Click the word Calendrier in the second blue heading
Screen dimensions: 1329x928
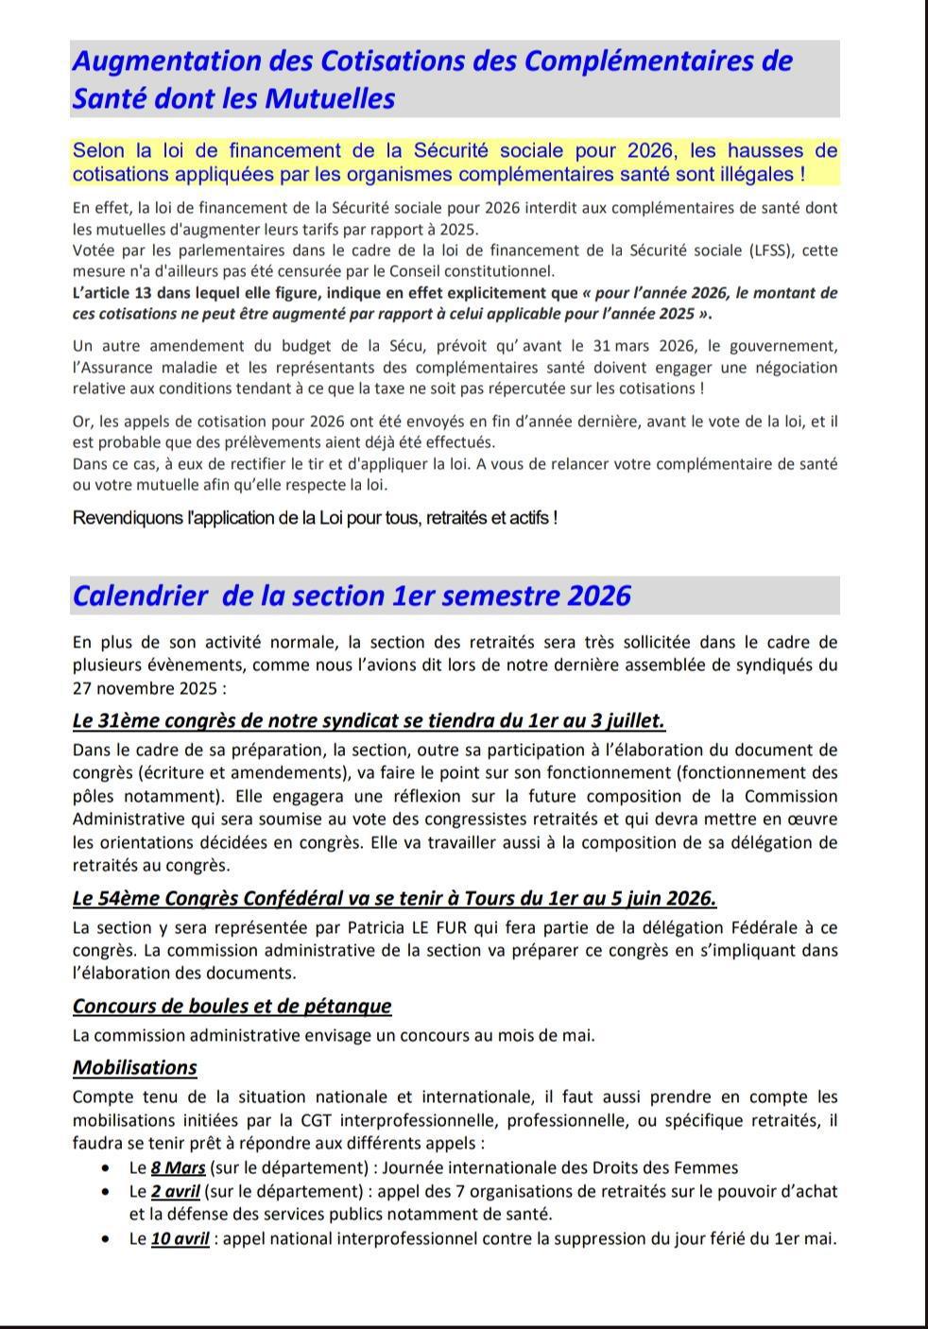pyautogui.click(x=140, y=596)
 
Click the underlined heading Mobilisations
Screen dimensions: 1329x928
pyautogui.click(x=135, y=1068)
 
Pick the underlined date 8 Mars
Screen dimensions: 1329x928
pyautogui.click(x=179, y=1167)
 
